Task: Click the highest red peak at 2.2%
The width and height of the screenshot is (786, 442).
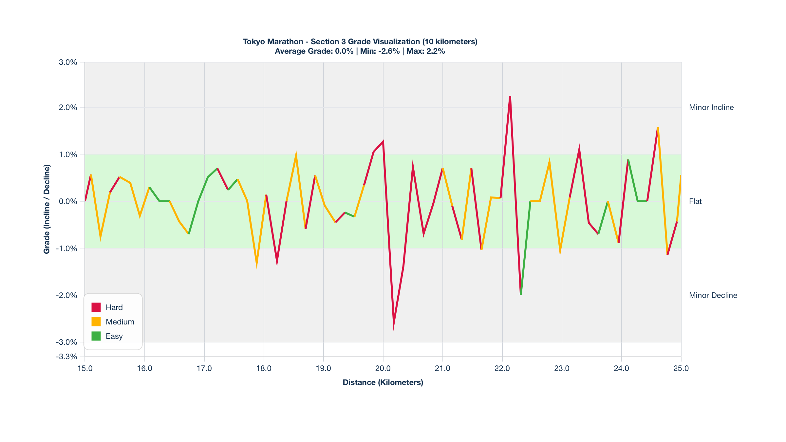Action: (x=510, y=97)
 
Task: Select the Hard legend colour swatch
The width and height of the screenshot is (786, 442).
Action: (x=96, y=307)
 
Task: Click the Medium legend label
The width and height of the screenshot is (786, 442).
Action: (x=120, y=322)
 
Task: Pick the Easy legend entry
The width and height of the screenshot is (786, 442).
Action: (x=114, y=336)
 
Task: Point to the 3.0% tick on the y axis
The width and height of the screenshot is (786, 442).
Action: (x=68, y=62)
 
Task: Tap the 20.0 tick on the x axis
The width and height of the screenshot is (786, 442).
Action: (x=383, y=368)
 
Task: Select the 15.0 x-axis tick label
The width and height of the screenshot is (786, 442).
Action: (x=85, y=368)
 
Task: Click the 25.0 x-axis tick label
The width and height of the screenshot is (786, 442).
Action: (x=681, y=368)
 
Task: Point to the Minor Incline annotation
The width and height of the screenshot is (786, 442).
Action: (x=711, y=107)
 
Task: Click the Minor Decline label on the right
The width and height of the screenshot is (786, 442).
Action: (x=713, y=295)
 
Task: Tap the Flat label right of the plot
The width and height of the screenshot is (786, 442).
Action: (x=695, y=201)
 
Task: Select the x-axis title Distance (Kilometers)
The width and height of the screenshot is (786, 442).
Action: (x=383, y=382)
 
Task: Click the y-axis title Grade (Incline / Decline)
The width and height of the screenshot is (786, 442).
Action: (x=47, y=209)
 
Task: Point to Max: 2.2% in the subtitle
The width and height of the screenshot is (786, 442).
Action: (x=425, y=51)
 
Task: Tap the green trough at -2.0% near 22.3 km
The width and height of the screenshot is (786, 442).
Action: (x=521, y=294)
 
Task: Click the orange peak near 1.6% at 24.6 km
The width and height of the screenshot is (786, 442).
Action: (x=658, y=128)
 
